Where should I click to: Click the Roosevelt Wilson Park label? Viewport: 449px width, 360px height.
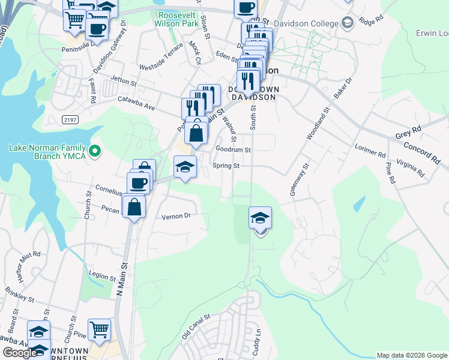tap(176, 19)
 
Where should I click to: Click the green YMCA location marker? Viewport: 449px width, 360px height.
tap(94, 151)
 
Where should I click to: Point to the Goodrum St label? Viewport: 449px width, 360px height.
tap(232, 149)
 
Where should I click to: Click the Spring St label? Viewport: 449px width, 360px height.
tap(226, 166)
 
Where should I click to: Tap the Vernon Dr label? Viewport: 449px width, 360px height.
tap(176, 216)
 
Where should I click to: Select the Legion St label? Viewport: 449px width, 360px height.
tap(101, 278)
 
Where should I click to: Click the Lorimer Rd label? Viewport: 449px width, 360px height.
tap(369, 149)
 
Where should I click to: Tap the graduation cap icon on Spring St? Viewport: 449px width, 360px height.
tap(185, 167)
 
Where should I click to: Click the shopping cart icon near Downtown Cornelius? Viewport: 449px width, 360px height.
tap(99, 329)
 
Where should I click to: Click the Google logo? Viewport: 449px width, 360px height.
tap(20, 353)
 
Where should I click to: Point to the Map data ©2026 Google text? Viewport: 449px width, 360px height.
tap(412, 355)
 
